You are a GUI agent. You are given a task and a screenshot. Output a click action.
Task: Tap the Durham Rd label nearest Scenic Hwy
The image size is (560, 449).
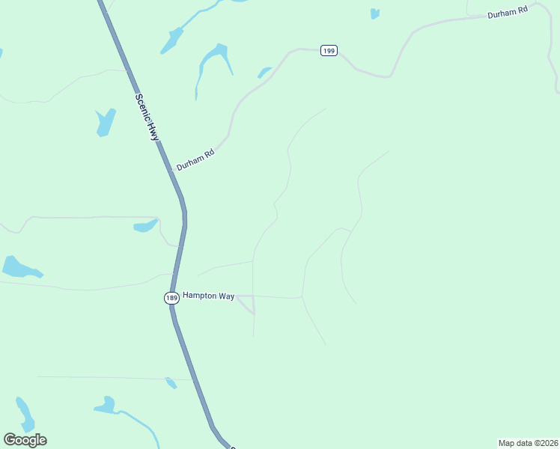pos(195,158)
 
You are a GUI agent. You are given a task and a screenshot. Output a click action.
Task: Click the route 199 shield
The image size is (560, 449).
pos(328,50)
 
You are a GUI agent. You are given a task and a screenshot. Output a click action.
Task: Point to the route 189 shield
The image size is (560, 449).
pos(171,298)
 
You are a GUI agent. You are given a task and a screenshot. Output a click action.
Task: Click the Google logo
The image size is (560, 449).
pos(25,440)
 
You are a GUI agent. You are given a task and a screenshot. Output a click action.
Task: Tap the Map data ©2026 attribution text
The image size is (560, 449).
pos(528,443)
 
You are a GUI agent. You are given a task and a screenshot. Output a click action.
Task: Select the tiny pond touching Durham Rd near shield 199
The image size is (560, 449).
pos(264,72)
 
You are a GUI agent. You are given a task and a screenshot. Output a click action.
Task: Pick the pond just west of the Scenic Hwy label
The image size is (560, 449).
pos(106,122)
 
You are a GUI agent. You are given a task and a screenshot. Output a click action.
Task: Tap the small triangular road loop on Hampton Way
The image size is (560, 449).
pos(249,303)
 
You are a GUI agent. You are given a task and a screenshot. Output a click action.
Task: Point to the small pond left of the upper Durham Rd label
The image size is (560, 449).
pos(374,13)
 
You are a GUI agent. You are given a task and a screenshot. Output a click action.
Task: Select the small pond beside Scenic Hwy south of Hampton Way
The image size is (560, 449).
pos(171,383)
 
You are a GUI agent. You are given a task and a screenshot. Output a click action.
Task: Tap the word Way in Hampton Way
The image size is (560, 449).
pos(226,296)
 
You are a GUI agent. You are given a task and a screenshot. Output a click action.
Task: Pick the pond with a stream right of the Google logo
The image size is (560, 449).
pos(106,406)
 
